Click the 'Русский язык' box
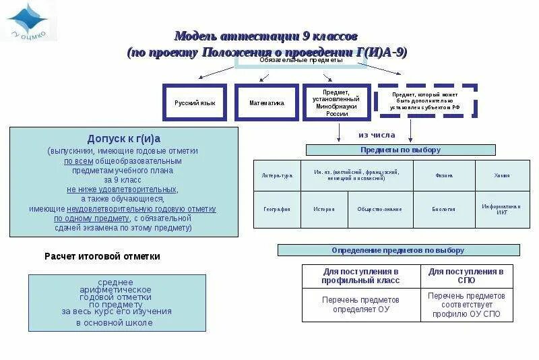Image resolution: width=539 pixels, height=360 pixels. point(195,102)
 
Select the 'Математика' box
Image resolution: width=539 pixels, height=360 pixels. point(266,102)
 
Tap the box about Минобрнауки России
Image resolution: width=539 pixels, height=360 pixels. point(336,102)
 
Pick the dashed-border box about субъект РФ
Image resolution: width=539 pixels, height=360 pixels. point(426,102)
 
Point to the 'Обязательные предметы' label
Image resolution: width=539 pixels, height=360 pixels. point(300,60)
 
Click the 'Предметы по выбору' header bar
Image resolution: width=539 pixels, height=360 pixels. point(400,150)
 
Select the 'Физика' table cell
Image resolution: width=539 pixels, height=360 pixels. point(443,175)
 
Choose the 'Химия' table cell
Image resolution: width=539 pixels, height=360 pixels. point(501,175)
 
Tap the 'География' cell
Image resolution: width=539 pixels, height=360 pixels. point(276,209)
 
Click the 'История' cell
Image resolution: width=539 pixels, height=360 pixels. point(323,209)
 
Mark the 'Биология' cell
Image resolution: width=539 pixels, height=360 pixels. point(443,209)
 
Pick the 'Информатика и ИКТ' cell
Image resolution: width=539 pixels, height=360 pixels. point(501,209)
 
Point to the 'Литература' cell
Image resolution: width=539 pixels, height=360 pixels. point(277,175)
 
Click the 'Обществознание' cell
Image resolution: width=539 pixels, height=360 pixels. point(379,209)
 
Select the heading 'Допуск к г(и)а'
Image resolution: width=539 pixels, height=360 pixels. point(124,139)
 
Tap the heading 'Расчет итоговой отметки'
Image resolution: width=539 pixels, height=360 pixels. point(102,256)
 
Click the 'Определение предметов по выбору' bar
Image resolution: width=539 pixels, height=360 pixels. point(398,250)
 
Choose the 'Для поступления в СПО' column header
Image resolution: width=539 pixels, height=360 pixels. point(466,275)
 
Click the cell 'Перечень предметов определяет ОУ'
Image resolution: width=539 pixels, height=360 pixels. point(361,304)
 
